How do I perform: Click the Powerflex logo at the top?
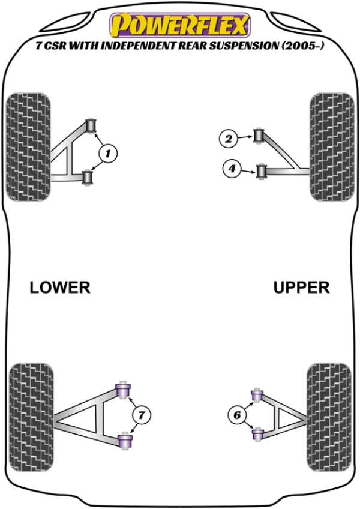pos(178,25)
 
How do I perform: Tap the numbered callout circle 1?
pos(108,154)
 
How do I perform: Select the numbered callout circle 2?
pos(228,140)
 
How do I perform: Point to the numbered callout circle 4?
pos(232,170)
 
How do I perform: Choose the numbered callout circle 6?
pos(236,414)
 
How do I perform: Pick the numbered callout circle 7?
pos(141,414)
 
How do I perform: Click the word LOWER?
pos(60,288)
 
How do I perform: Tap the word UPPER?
pos(301,288)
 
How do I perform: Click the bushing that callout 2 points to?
pos(260,136)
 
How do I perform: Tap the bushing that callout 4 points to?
pos(261,172)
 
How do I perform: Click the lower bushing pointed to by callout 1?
pos(88,178)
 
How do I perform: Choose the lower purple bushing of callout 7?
pos(125,442)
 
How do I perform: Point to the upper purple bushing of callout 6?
pos(257,396)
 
